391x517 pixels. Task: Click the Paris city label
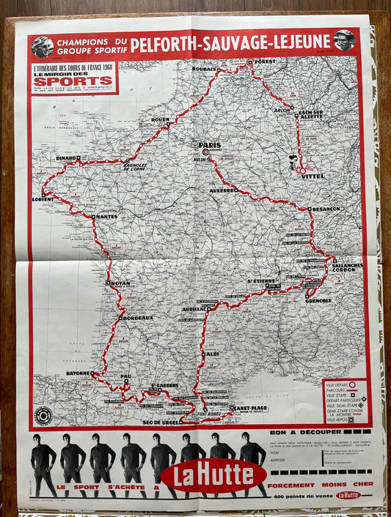[x=209, y=145]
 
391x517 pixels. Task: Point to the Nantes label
[x=106, y=216]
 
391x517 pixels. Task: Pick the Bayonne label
[x=78, y=373]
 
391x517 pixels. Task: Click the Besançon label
[x=324, y=209]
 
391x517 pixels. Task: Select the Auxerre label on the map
[x=223, y=190]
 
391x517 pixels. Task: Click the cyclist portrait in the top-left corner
[x=42, y=45]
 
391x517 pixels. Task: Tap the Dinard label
[x=67, y=157]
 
